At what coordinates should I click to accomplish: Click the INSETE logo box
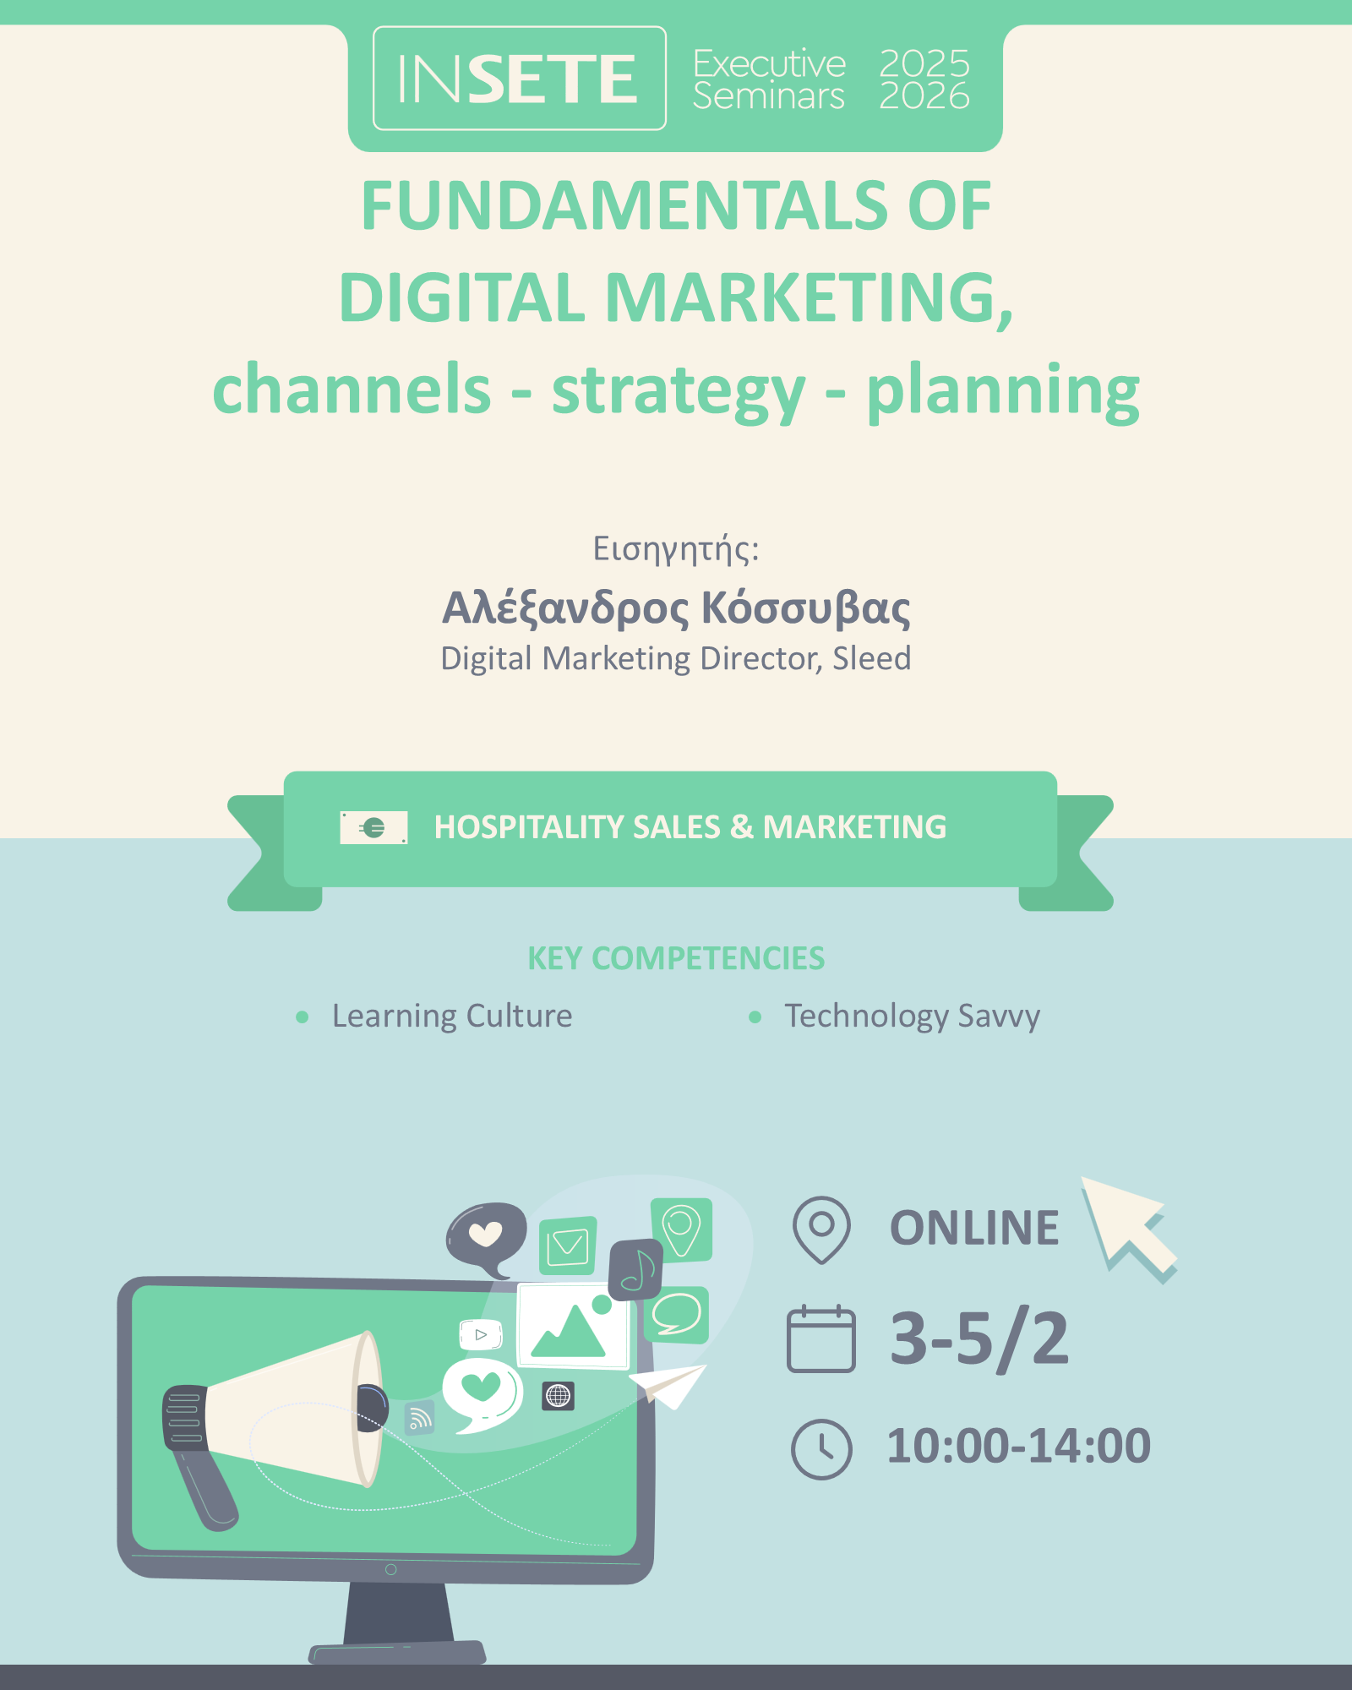click(x=520, y=79)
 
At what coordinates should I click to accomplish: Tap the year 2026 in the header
click(x=924, y=95)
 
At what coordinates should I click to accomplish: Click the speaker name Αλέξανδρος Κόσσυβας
click(x=676, y=608)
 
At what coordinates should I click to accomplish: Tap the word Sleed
click(x=872, y=658)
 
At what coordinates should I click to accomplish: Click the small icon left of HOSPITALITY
click(x=373, y=827)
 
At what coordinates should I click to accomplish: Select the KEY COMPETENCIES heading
click(x=676, y=958)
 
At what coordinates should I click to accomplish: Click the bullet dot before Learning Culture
click(x=303, y=1017)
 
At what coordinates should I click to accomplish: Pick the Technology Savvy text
click(x=913, y=1017)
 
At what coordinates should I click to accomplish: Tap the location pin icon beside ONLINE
click(x=821, y=1229)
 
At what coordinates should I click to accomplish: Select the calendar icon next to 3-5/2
click(x=821, y=1339)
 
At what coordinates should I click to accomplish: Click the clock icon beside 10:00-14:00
click(x=821, y=1448)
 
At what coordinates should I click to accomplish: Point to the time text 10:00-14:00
click(x=1019, y=1446)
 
